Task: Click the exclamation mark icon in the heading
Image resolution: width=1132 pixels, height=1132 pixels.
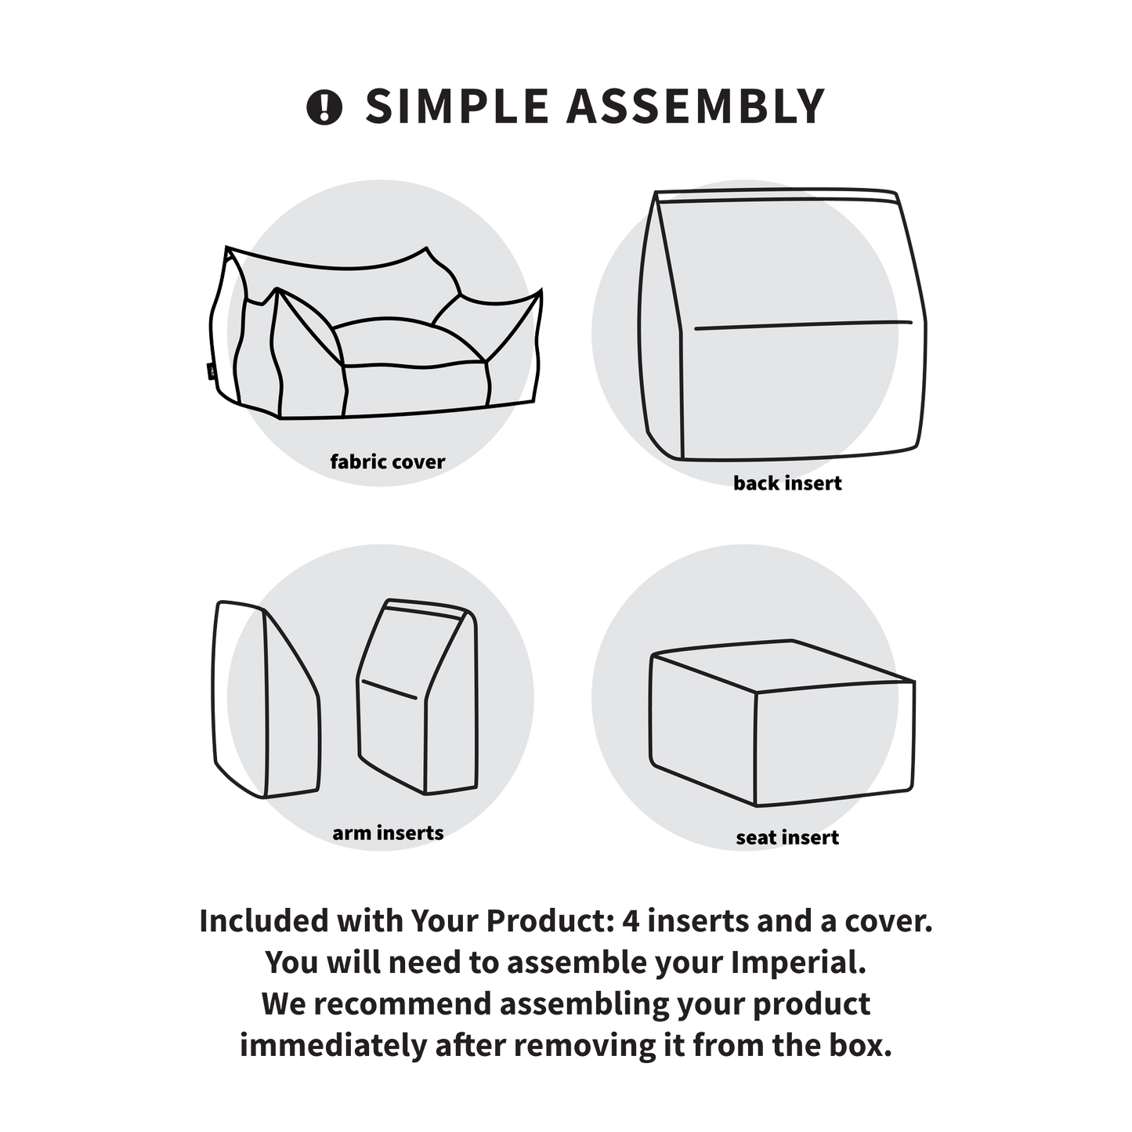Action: tap(324, 107)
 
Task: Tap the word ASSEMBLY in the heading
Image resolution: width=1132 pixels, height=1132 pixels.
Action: tap(695, 107)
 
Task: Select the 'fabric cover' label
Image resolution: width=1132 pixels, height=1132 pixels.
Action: tap(388, 461)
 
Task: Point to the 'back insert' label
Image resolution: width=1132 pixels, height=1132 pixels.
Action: tap(787, 483)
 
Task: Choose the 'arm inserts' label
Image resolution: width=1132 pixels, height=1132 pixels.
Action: tap(388, 833)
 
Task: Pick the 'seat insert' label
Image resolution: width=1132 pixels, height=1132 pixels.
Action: tap(787, 837)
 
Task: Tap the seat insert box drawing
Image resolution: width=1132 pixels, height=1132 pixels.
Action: tap(782, 722)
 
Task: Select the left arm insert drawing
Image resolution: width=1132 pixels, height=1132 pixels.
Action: tap(266, 699)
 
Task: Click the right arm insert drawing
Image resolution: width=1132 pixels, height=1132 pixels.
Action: tap(418, 696)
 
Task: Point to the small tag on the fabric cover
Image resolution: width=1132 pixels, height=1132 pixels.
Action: tap(210, 370)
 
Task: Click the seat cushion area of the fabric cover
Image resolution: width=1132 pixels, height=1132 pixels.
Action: tap(411, 344)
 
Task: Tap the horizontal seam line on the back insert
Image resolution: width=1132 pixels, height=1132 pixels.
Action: tap(803, 325)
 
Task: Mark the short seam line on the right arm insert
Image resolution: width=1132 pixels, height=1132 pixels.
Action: tap(389, 689)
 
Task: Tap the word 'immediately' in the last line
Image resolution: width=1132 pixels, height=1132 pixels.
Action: tap(333, 1046)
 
